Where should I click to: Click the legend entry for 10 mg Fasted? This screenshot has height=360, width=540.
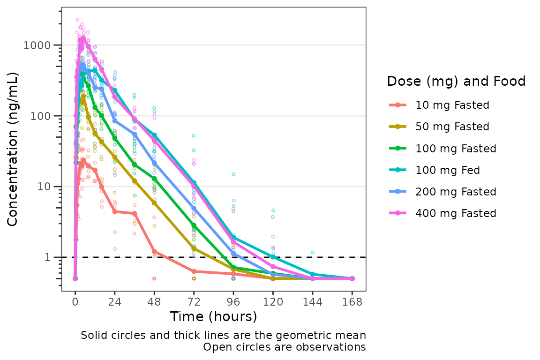(452, 105)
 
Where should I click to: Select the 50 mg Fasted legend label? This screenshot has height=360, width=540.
(452, 127)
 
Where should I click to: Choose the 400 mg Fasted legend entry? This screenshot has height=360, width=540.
(456, 213)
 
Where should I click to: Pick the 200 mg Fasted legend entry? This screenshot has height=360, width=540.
(456, 192)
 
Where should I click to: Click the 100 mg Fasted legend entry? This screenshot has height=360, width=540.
(456, 149)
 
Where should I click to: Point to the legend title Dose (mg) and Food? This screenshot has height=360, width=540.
(456, 82)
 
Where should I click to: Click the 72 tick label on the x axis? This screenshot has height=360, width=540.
(194, 302)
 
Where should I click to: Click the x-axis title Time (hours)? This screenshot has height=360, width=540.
(213, 317)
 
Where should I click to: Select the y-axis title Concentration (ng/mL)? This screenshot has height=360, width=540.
(13, 149)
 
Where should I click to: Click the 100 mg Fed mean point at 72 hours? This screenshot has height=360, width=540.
(194, 182)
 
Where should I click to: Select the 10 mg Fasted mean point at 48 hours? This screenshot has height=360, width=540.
(154, 252)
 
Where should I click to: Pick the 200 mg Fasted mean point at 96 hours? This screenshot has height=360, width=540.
(233, 254)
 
